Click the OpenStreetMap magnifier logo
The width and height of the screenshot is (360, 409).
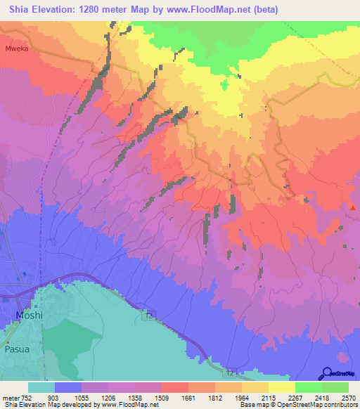point(328,373)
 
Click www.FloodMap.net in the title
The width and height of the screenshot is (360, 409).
point(217,10)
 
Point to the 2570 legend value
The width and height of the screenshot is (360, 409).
point(349,398)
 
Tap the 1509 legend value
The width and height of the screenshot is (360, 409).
point(162,398)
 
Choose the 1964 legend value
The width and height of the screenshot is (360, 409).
point(242,398)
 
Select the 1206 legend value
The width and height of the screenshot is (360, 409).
point(108,398)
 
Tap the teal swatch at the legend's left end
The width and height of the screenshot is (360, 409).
point(41,388)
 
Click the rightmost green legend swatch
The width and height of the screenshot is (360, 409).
point(335,388)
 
